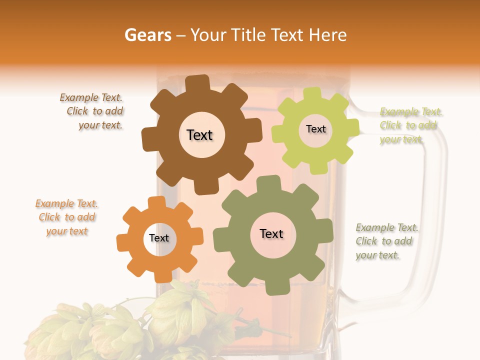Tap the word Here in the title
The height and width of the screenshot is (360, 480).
point(328,35)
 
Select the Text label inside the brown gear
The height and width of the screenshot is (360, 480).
point(199,135)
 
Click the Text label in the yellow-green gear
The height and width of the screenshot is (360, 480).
point(315,129)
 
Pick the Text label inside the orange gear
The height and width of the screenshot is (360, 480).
point(159,238)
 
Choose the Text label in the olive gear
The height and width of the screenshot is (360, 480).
point(271,233)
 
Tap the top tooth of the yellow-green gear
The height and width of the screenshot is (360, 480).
point(313,93)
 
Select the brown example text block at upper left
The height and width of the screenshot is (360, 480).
point(93,111)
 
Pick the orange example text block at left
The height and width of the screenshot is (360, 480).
point(67,217)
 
